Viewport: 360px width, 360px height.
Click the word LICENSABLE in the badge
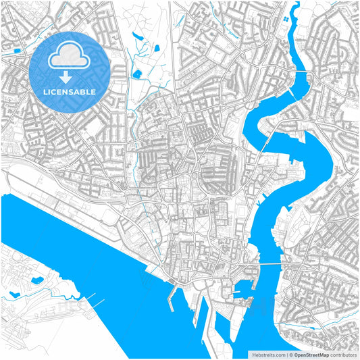pos(70,92)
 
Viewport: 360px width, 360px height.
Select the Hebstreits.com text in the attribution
pos(268,354)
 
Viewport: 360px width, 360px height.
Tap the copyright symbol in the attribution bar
pos(290,354)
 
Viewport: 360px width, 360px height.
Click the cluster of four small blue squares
pos(288,21)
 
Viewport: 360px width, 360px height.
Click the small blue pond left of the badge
pos(14,49)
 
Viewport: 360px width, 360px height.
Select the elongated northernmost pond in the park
pos(138,36)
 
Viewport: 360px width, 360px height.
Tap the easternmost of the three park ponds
pos(156,49)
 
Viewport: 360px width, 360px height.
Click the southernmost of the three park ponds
pos(137,72)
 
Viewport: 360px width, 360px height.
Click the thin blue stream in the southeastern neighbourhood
pos(304,336)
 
